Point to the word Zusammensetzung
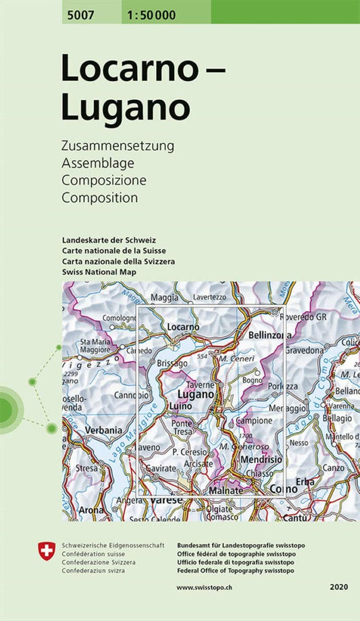(x=118, y=146)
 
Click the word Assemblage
(x=97, y=163)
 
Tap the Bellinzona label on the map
(x=269, y=335)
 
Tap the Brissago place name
(x=172, y=363)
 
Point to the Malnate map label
(x=225, y=491)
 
